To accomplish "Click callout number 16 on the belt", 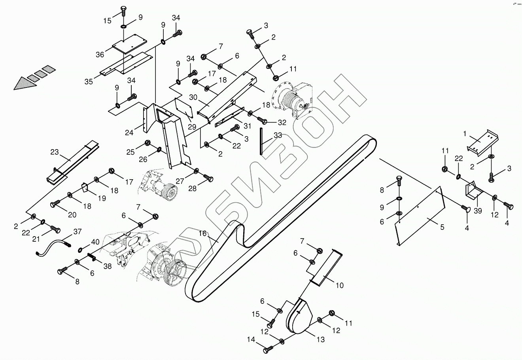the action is [x=202, y=234].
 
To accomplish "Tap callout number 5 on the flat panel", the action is [x=442, y=227].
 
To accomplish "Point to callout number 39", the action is [x=478, y=211].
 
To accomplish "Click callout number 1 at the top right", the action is [x=465, y=134].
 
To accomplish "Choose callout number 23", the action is [x=55, y=152].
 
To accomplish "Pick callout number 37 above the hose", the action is [x=78, y=231].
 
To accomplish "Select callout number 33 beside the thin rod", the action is [x=278, y=135].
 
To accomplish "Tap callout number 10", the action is [x=340, y=285].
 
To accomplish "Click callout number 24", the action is [x=129, y=133].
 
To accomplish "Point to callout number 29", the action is [x=192, y=127].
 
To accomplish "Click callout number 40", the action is [x=95, y=242].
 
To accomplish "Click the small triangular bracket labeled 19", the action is [x=85, y=187].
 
